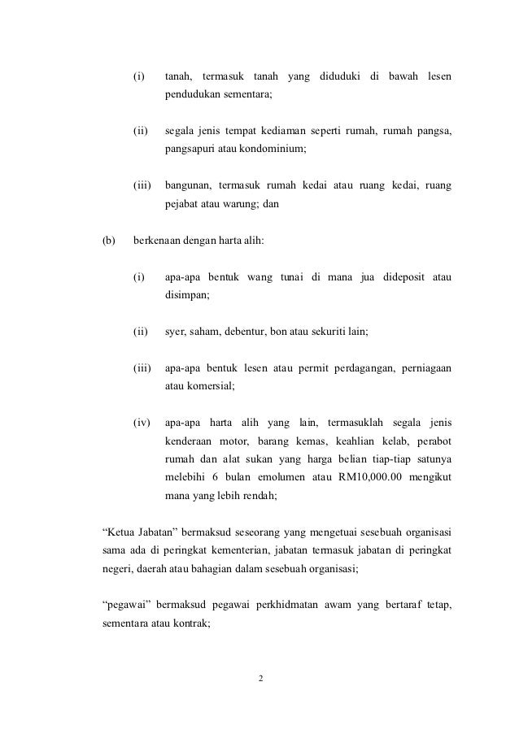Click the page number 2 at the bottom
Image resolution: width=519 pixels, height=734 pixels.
click(x=260, y=677)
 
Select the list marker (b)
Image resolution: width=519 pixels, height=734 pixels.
click(x=107, y=241)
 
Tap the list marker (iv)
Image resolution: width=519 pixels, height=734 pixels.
click(x=142, y=422)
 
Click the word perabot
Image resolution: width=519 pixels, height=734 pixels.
click(x=431, y=441)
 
